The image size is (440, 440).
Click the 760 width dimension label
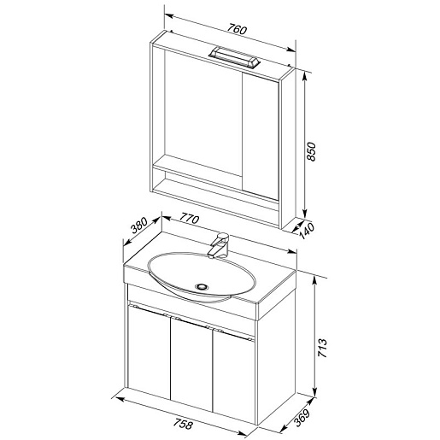[x=237, y=30]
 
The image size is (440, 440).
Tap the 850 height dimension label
[x=312, y=152]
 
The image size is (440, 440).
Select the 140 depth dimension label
[x=307, y=231]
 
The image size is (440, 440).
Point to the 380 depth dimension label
[x=139, y=225]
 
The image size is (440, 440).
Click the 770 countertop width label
[x=189, y=219]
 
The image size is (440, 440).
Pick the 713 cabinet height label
[x=323, y=348]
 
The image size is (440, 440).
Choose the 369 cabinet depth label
[x=302, y=418]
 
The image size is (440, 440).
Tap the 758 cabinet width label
[x=183, y=424]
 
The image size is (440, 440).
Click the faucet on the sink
[x=218, y=245]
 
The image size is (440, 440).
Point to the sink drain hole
[x=202, y=287]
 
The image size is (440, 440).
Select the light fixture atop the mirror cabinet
[x=234, y=57]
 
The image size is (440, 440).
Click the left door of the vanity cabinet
[x=149, y=351]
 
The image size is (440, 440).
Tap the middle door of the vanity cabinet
[x=191, y=364]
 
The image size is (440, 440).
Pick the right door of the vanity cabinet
[x=234, y=376]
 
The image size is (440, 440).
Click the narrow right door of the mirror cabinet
[x=261, y=136]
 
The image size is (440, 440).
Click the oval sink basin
[x=202, y=277]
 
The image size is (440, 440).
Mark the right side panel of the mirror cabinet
[x=288, y=149]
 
